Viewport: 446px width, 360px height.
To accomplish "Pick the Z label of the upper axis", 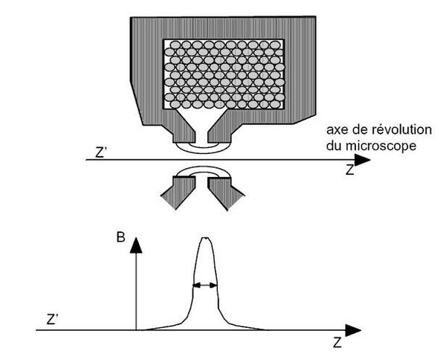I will (x=350, y=170).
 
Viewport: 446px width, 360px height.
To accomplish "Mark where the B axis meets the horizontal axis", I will (x=137, y=330).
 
